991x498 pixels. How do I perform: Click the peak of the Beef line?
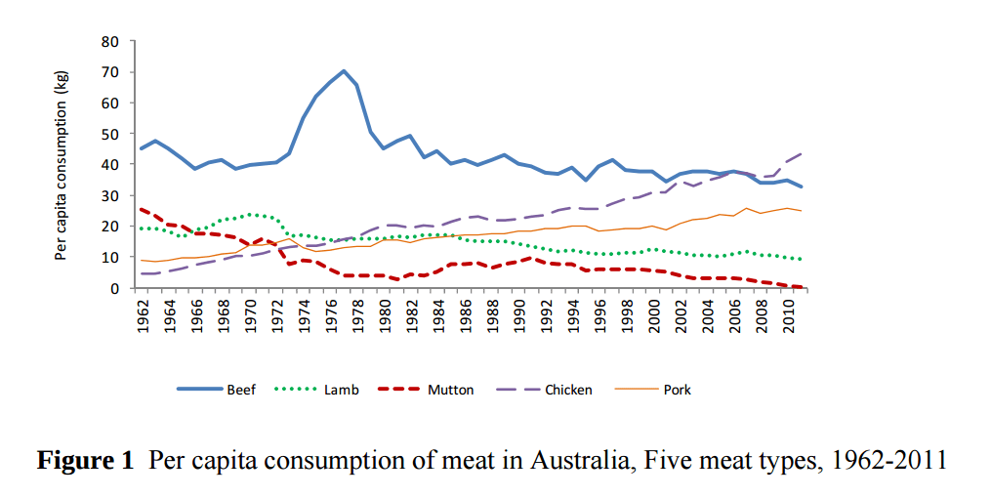click(x=344, y=71)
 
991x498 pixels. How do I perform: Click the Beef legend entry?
click(x=240, y=390)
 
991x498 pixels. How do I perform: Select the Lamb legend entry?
click(x=342, y=390)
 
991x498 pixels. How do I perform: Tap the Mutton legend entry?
click(x=450, y=390)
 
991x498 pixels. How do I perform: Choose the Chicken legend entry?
click(x=567, y=390)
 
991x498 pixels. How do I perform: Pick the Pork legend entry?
click(x=677, y=390)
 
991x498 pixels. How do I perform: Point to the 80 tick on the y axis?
click(x=110, y=41)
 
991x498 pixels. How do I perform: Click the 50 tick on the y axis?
click(x=110, y=134)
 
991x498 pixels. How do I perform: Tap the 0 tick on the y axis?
click(x=114, y=288)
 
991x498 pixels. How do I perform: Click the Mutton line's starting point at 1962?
click(x=142, y=209)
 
